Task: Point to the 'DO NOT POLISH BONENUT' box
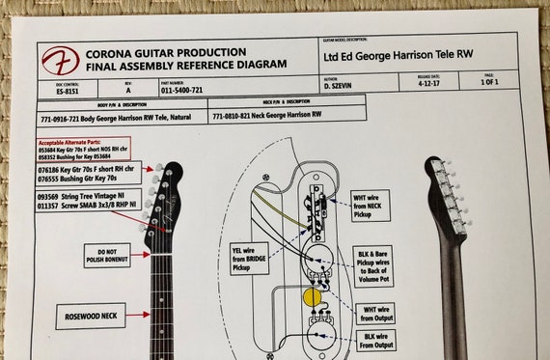coord(107,255)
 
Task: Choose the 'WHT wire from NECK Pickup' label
coord(371,205)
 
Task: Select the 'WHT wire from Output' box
coord(374,314)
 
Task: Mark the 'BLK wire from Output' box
coord(374,340)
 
